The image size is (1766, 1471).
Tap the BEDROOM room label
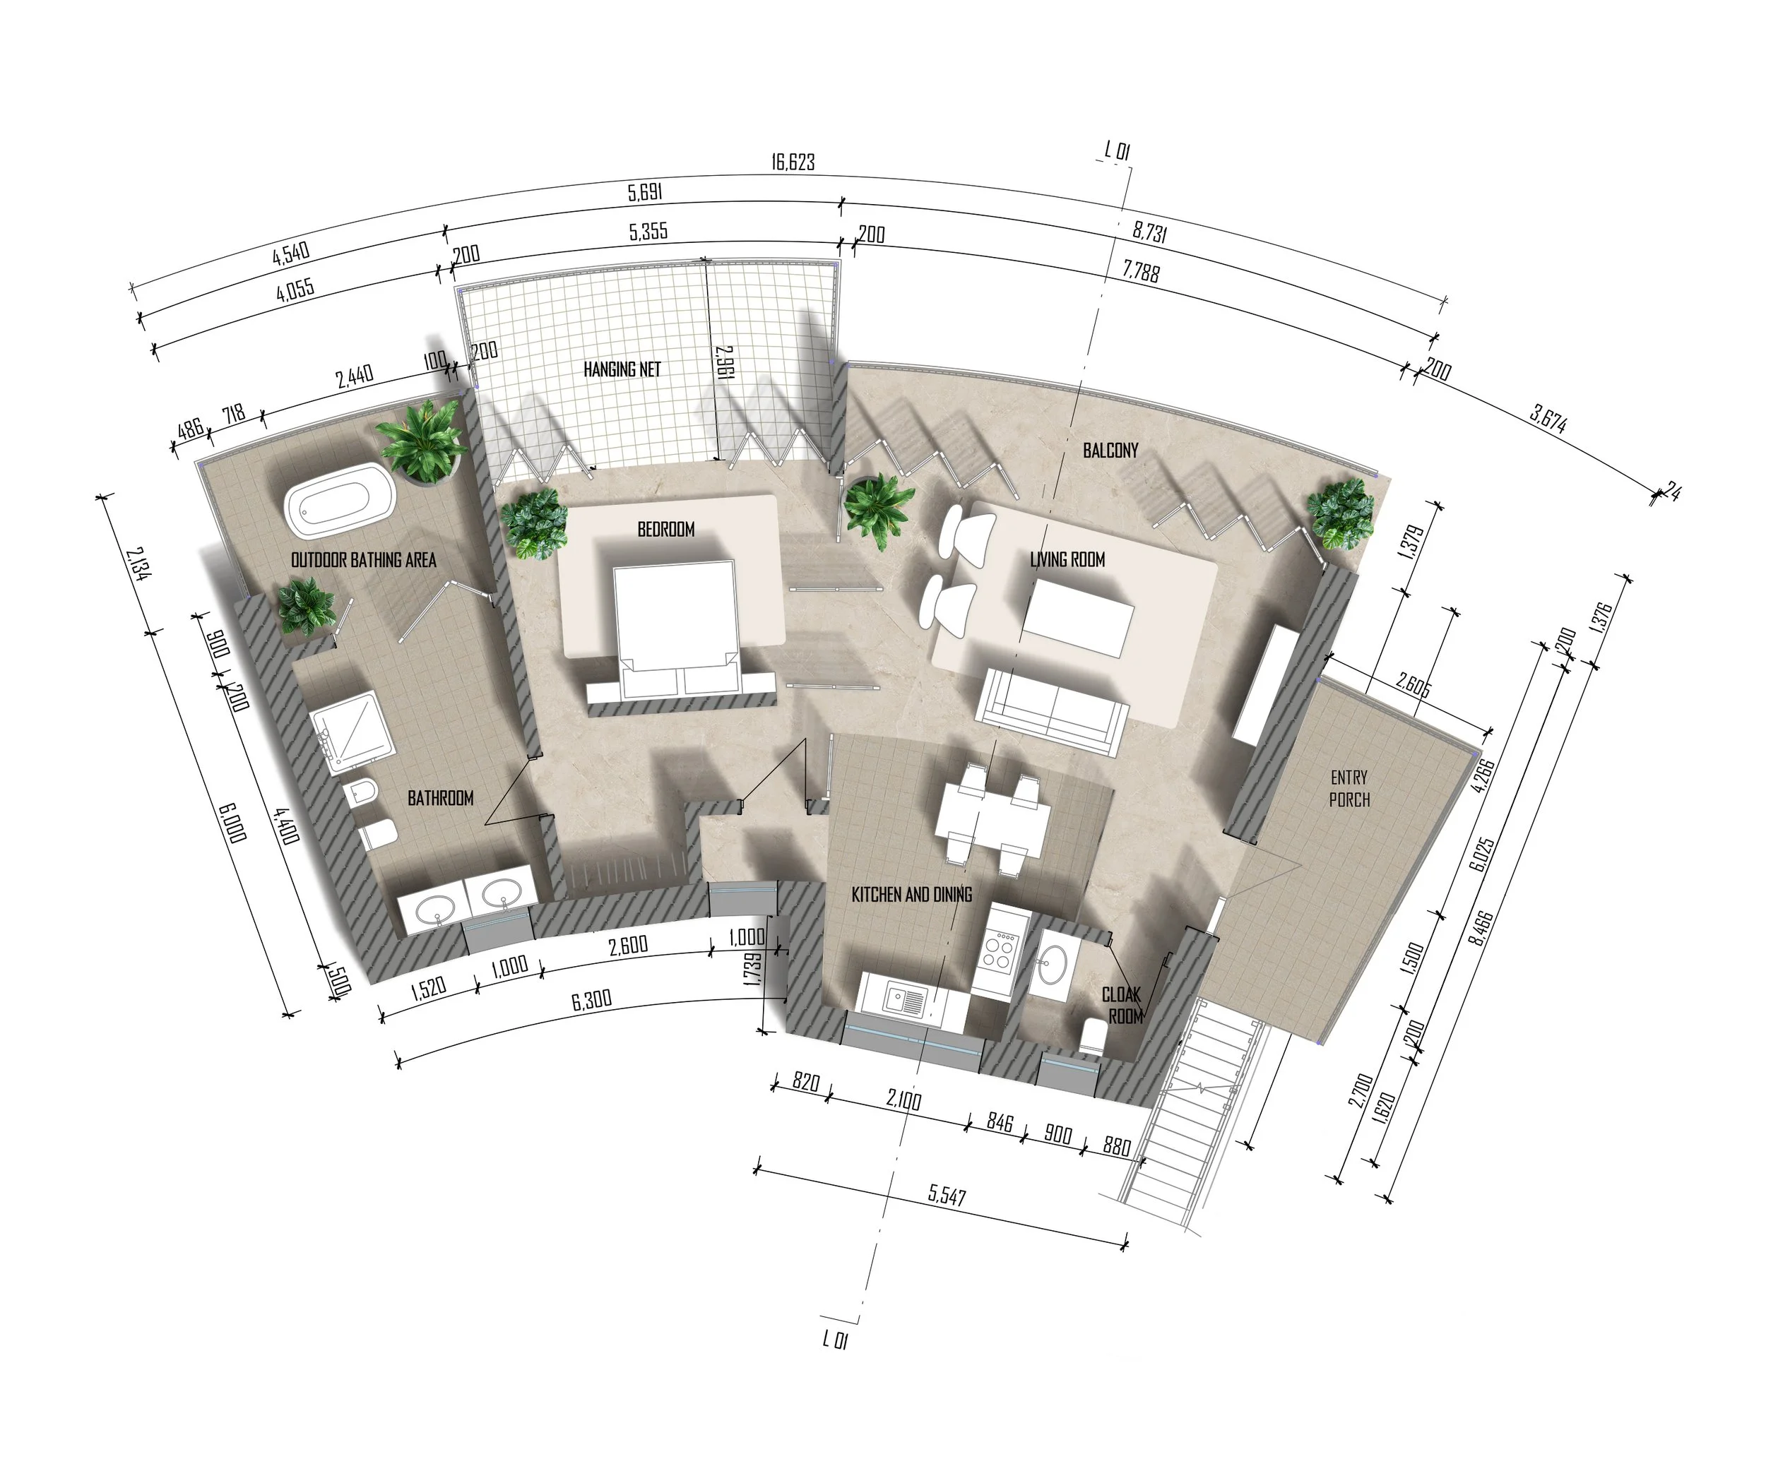666,530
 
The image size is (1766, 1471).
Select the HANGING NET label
622,369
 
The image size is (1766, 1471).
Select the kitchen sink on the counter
903,1000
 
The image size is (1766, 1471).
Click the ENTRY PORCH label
1349,788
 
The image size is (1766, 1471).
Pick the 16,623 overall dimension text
793,162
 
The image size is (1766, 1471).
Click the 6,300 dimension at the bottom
591,1000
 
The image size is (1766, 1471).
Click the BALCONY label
1110,451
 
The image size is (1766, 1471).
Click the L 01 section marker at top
1117,151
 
